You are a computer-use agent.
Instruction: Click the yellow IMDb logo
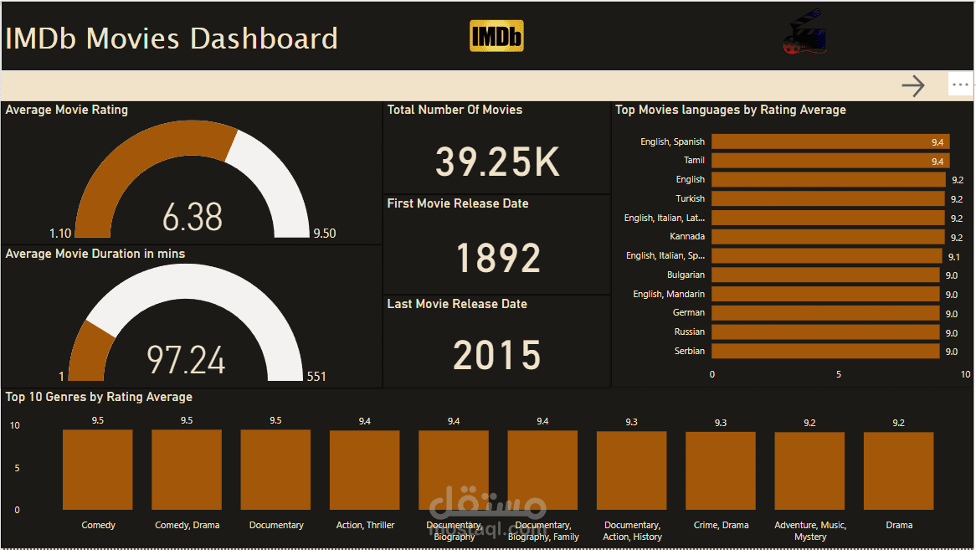click(496, 36)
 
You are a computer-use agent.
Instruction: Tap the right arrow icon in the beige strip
click(913, 85)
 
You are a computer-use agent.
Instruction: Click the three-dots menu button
click(960, 85)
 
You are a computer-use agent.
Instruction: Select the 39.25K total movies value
click(497, 162)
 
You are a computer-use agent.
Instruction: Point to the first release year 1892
click(498, 258)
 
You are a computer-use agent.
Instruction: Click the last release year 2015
click(497, 355)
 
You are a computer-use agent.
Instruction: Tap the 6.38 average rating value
click(193, 218)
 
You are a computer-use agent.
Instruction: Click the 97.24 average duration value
click(186, 360)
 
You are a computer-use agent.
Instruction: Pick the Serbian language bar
click(825, 352)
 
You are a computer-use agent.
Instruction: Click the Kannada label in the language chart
click(687, 237)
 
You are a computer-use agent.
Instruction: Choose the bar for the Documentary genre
click(275, 470)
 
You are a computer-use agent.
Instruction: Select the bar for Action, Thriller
click(364, 470)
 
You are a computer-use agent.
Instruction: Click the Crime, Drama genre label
click(721, 526)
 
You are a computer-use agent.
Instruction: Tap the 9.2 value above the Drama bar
click(898, 423)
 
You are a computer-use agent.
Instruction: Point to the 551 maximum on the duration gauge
click(316, 377)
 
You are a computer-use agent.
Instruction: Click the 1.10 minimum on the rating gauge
click(60, 234)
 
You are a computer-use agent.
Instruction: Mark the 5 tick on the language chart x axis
click(839, 374)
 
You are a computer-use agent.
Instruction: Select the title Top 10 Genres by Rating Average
click(99, 397)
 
